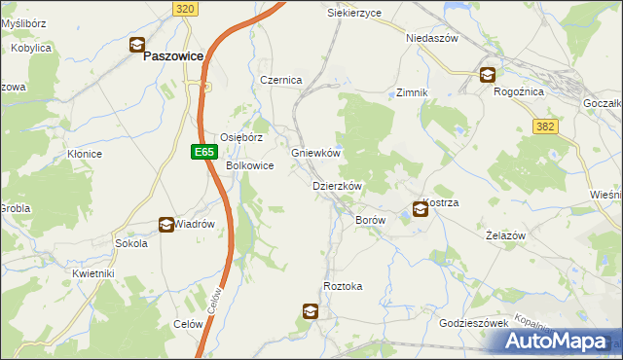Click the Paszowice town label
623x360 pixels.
coord(172,56)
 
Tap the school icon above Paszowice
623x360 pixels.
coord(137,44)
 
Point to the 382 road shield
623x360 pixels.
coord(545,126)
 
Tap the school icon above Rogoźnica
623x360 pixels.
coord(487,75)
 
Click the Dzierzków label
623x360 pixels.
coord(337,186)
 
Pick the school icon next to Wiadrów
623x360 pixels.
coord(166,224)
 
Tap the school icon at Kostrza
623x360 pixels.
coord(420,207)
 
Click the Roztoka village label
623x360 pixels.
coord(343,286)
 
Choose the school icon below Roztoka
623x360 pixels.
coord(310,311)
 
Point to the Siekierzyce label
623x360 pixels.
coord(354,14)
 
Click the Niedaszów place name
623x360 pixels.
coord(431,38)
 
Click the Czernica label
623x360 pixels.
coord(280,80)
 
